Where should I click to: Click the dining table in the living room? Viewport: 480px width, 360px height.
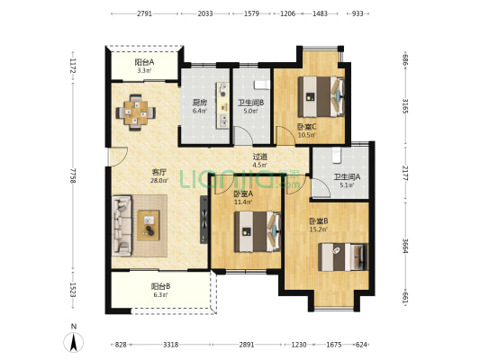coord(136,112)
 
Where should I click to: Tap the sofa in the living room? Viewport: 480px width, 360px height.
coord(122,226)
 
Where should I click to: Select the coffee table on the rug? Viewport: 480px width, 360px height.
coord(149,225)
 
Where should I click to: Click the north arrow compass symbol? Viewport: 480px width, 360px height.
coord(74,341)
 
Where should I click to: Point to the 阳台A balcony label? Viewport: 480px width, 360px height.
coord(144,63)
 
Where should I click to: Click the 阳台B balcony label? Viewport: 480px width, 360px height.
coord(160,286)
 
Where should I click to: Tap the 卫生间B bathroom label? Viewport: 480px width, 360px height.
coord(251,103)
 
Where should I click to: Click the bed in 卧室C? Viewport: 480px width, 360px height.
coord(322,96)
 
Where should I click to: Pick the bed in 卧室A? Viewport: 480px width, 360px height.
coord(258,231)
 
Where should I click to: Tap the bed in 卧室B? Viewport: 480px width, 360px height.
coord(343,256)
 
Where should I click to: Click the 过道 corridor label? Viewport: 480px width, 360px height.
coord(260,157)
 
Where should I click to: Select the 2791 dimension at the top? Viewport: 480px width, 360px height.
coord(144,13)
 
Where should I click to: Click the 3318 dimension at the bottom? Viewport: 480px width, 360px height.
coord(170,345)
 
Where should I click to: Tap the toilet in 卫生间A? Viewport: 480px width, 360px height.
coord(336,156)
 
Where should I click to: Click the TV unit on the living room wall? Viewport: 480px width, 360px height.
coord(204,220)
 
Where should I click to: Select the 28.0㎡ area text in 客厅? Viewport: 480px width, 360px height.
coord(159,181)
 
